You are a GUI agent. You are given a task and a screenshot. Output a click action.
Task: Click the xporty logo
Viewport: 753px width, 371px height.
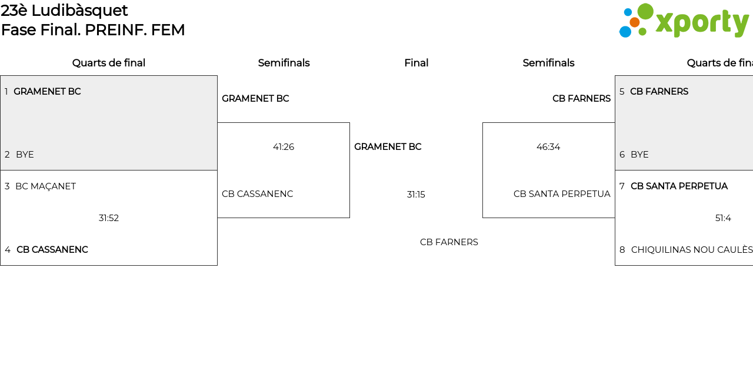(684, 21)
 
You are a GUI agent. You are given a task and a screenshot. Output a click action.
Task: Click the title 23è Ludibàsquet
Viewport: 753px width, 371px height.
(65, 11)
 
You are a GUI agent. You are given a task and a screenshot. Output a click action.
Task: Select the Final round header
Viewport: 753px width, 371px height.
(416, 63)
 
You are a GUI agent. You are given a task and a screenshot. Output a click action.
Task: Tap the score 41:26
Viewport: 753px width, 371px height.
(284, 147)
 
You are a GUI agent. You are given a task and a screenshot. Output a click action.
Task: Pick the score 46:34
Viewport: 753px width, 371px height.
(548, 147)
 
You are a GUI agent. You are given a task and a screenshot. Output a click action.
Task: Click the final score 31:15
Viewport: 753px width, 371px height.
(416, 195)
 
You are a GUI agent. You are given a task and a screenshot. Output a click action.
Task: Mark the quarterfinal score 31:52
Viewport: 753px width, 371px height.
(109, 218)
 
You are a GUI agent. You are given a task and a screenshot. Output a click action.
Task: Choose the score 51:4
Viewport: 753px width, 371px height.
(723, 218)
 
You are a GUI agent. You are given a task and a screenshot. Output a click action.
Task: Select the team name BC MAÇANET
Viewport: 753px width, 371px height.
(45, 186)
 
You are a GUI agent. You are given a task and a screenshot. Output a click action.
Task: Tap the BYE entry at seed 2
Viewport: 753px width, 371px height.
(25, 155)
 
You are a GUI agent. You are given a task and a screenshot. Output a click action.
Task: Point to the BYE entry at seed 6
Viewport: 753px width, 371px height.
(639, 155)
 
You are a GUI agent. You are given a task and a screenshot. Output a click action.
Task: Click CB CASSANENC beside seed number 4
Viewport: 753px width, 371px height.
(52, 250)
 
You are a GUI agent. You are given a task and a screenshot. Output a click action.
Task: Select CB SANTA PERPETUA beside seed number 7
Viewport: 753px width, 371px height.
(679, 186)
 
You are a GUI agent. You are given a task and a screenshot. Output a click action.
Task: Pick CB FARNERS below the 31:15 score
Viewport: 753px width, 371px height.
(449, 242)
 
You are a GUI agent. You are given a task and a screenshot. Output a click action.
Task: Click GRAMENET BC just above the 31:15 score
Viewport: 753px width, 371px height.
(388, 147)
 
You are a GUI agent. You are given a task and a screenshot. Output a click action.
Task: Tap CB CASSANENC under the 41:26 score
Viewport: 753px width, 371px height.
(257, 194)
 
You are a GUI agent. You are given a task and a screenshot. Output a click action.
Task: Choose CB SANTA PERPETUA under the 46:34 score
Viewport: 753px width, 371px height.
(562, 194)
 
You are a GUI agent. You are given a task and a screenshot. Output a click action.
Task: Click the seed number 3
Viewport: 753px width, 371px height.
(7, 186)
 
